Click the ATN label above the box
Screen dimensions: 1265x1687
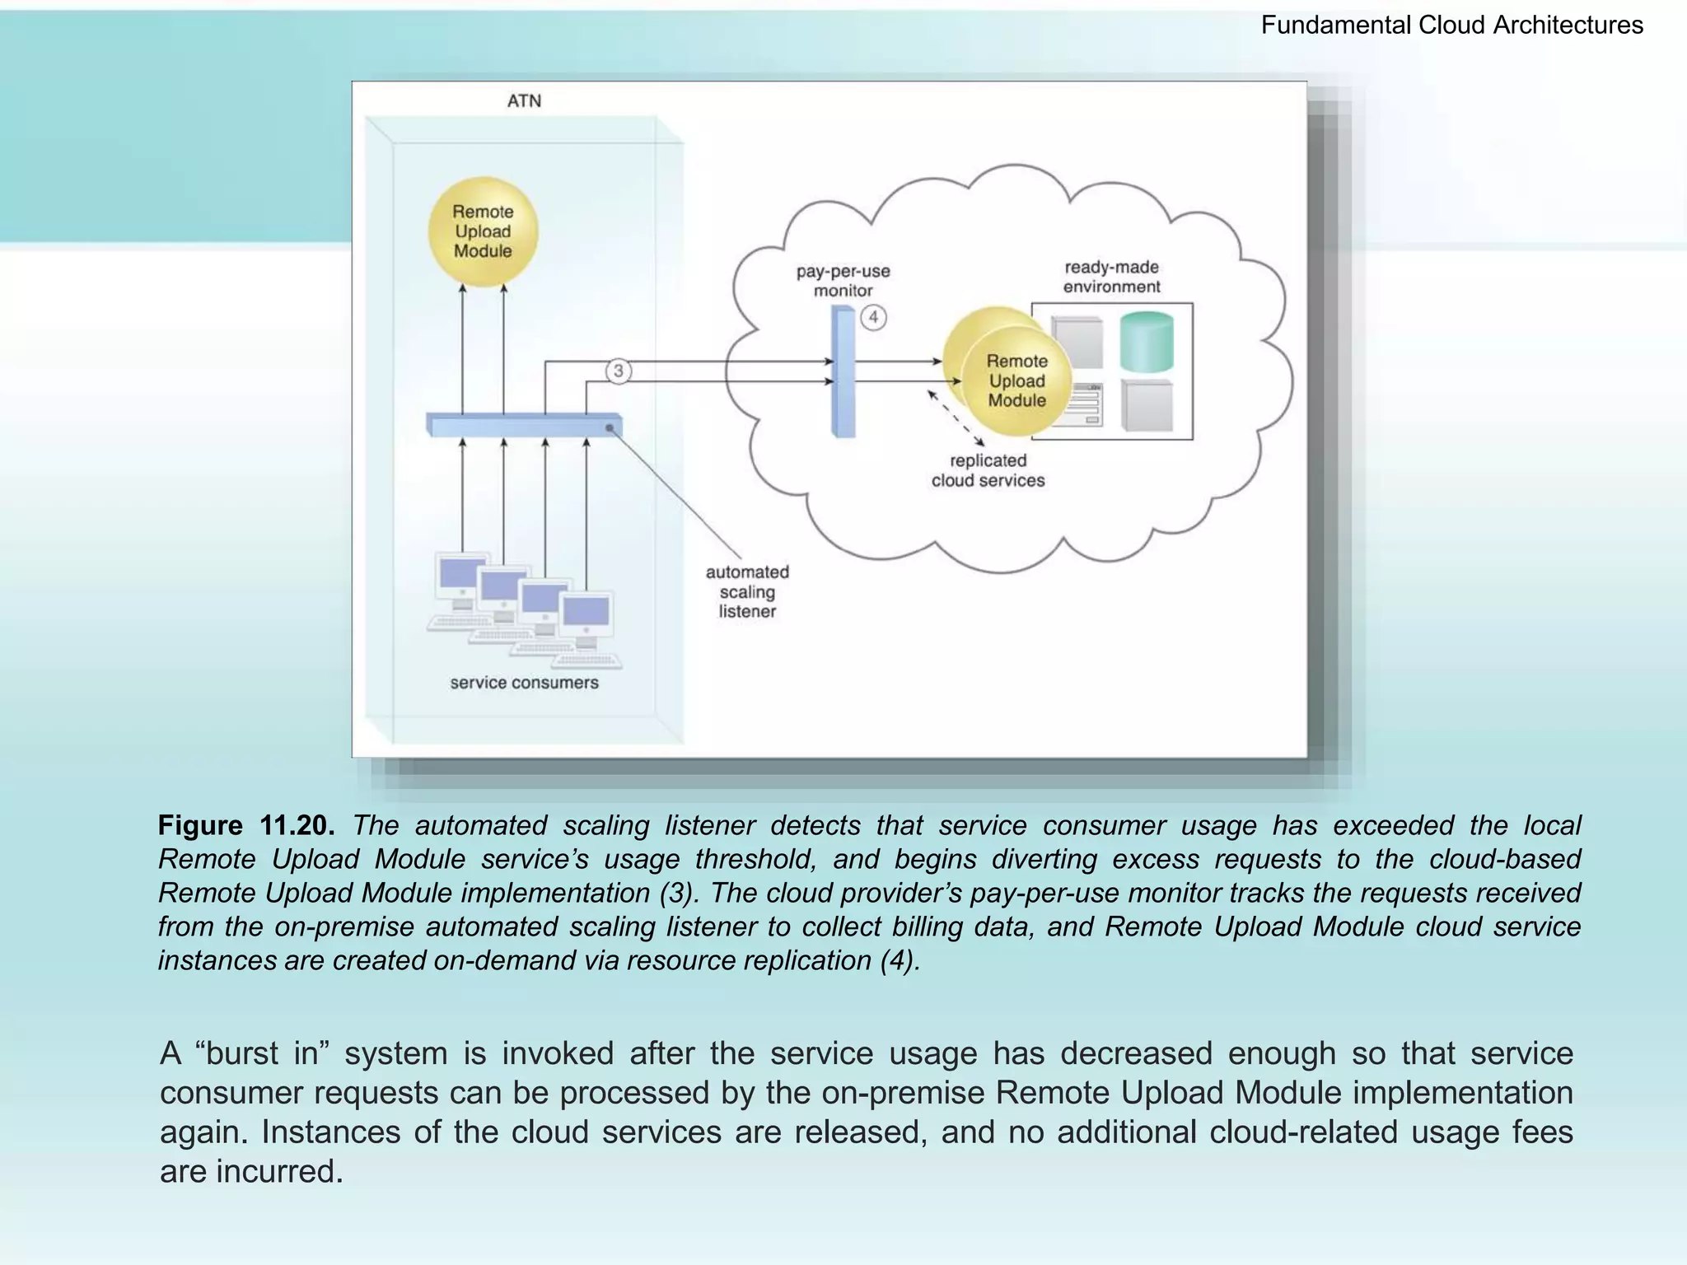point(524,101)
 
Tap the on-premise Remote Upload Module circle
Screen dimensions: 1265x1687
point(483,231)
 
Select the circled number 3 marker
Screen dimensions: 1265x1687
point(619,371)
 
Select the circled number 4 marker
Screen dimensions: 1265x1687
point(873,317)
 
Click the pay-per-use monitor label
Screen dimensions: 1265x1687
point(843,281)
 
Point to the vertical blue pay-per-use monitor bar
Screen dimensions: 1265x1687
point(843,371)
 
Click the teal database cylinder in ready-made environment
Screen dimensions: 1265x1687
point(1147,342)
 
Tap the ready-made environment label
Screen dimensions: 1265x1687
point(1111,277)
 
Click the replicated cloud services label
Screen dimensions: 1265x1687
point(988,470)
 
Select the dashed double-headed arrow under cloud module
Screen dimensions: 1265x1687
point(956,418)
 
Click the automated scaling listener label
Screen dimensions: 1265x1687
point(747,591)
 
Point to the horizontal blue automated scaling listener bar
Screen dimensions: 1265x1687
point(524,425)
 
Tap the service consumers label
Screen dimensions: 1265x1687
point(524,683)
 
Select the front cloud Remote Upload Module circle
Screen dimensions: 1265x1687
point(1017,381)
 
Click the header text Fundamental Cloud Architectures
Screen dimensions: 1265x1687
point(1451,26)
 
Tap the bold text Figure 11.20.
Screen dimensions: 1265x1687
point(246,825)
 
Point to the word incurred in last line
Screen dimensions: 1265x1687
point(279,1171)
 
